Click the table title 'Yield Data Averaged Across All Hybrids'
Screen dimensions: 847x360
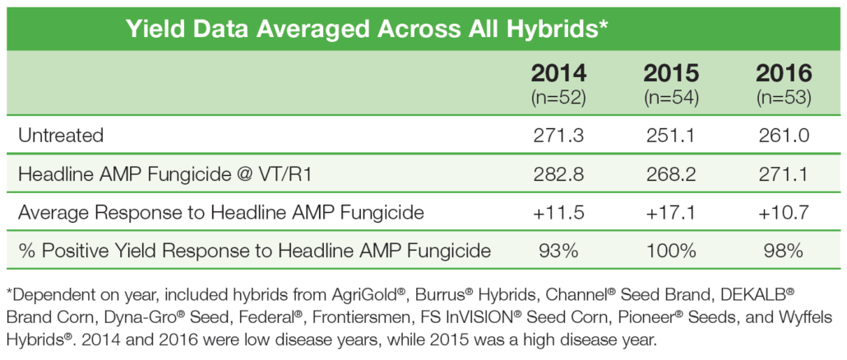pyautogui.click(x=364, y=30)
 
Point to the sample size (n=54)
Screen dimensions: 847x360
pyautogui.click(x=672, y=99)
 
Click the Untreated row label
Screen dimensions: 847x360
pyautogui.click(x=61, y=135)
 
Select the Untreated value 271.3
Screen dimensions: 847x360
pyautogui.click(x=558, y=135)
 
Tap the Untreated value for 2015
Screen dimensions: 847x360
pyautogui.click(x=672, y=135)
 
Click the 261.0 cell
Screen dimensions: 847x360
pyautogui.click(x=785, y=135)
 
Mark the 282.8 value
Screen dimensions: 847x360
pyautogui.click(x=558, y=174)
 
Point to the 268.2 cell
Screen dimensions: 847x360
pyautogui.click(x=672, y=174)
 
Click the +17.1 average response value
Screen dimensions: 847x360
pyautogui.click(x=672, y=213)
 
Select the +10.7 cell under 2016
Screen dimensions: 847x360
pyautogui.click(x=785, y=213)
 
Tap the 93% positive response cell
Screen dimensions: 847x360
pyautogui.click(x=558, y=251)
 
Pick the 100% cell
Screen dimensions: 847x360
pyautogui.click(x=672, y=251)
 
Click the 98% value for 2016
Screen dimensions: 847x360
pyautogui.click(x=785, y=251)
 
